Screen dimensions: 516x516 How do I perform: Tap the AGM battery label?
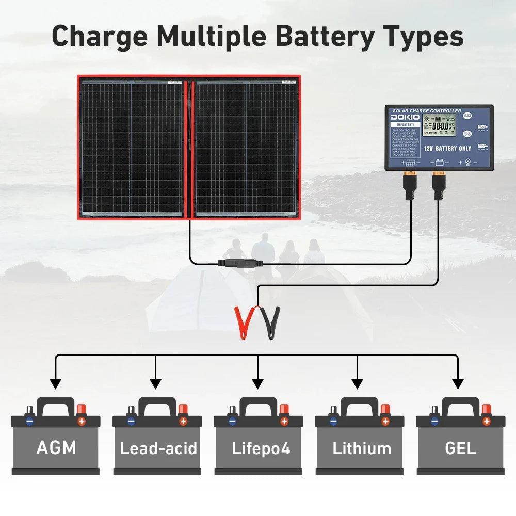56,447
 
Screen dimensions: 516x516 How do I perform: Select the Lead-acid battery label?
158,448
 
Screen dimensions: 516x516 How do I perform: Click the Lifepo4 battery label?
261,448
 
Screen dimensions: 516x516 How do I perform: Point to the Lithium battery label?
362,448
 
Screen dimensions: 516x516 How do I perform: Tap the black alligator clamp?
270,322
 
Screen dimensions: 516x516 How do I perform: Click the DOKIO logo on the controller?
405,117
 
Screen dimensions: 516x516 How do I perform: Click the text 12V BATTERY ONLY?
447,148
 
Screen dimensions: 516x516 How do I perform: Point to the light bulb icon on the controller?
467,163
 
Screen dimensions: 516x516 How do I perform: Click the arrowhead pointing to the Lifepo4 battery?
258,384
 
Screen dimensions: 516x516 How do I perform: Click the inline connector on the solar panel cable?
240,263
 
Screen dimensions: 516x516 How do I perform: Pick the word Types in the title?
421,37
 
